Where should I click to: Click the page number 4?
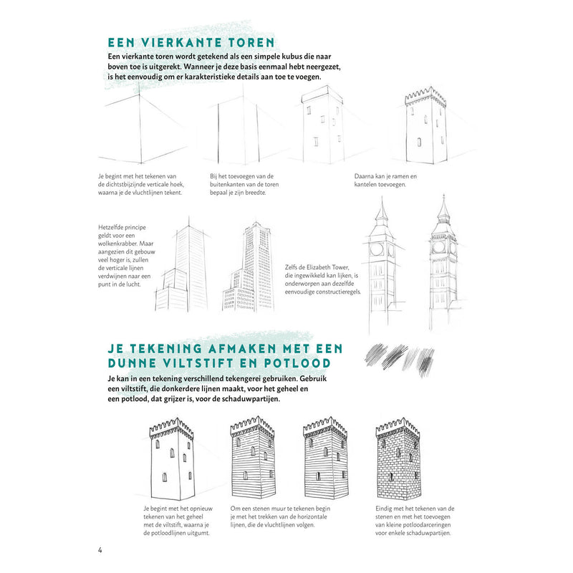[x=100, y=550]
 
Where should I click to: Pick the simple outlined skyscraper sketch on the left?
[x=182, y=269]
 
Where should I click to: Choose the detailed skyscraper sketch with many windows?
[x=247, y=269]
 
